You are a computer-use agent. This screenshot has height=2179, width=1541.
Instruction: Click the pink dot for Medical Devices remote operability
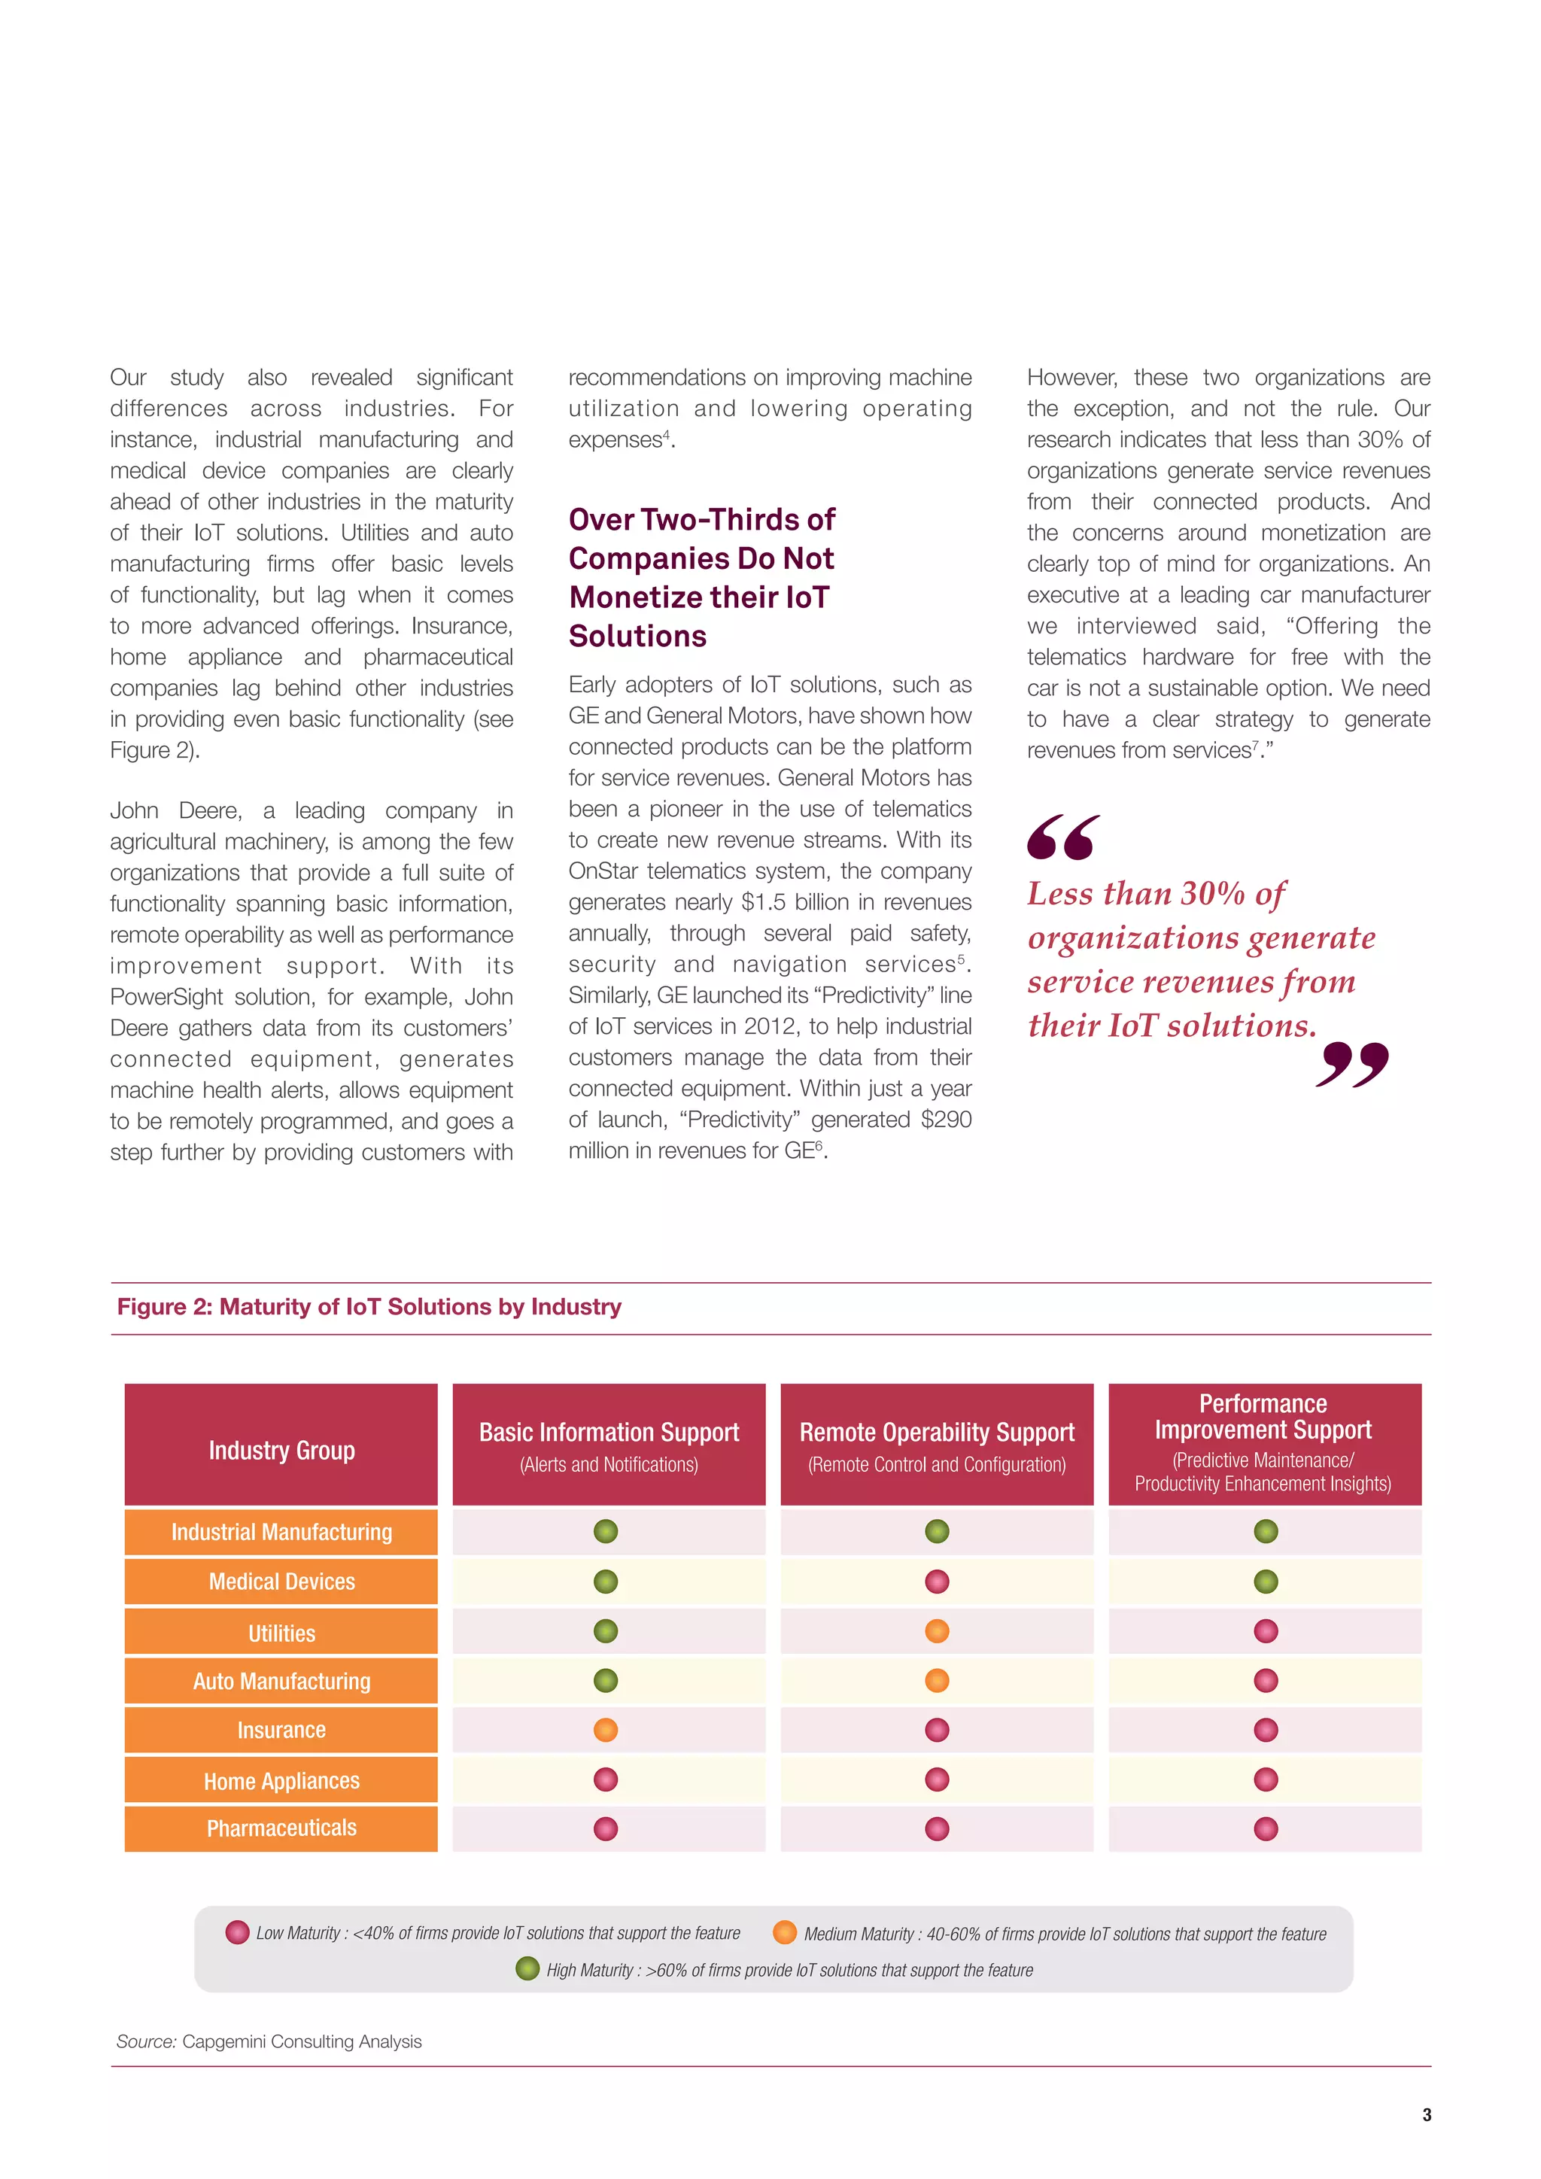pyautogui.click(x=937, y=1581)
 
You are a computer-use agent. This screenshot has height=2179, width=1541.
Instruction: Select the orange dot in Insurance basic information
pyautogui.click(x=606, y=1729)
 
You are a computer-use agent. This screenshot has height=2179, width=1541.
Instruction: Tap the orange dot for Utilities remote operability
pyautogui.click(x=937, y=1630)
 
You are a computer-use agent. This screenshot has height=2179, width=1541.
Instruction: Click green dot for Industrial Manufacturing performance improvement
pyautogui.click(x=1265, y=1531)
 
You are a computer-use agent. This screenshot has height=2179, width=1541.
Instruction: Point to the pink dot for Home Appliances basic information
pyautogui.click(x=606, y=1779)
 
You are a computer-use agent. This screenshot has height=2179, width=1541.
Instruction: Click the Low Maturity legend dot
pyautogui.click(x=237, y=1932)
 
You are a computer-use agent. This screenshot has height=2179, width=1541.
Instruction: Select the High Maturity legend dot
pyautogui.click(x=527, y=1968)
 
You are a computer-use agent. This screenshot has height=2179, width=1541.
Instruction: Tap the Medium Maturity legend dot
pyautogui.click(x=785, y=1932)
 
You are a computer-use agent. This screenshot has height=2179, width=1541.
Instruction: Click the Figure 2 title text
pyautogui.click(x=369, y=1307)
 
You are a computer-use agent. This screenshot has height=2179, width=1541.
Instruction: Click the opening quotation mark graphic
pyautogui.click(x=1062, y=837)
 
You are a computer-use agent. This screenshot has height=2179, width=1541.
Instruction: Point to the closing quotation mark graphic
pyautogui.click(x=1352, y=1064)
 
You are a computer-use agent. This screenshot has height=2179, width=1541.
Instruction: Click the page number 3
pyautogui.click(x=1426, y=2114)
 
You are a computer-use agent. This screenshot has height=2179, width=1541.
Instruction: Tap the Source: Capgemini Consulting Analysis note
pyautogui.click(x=269, y=2041)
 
